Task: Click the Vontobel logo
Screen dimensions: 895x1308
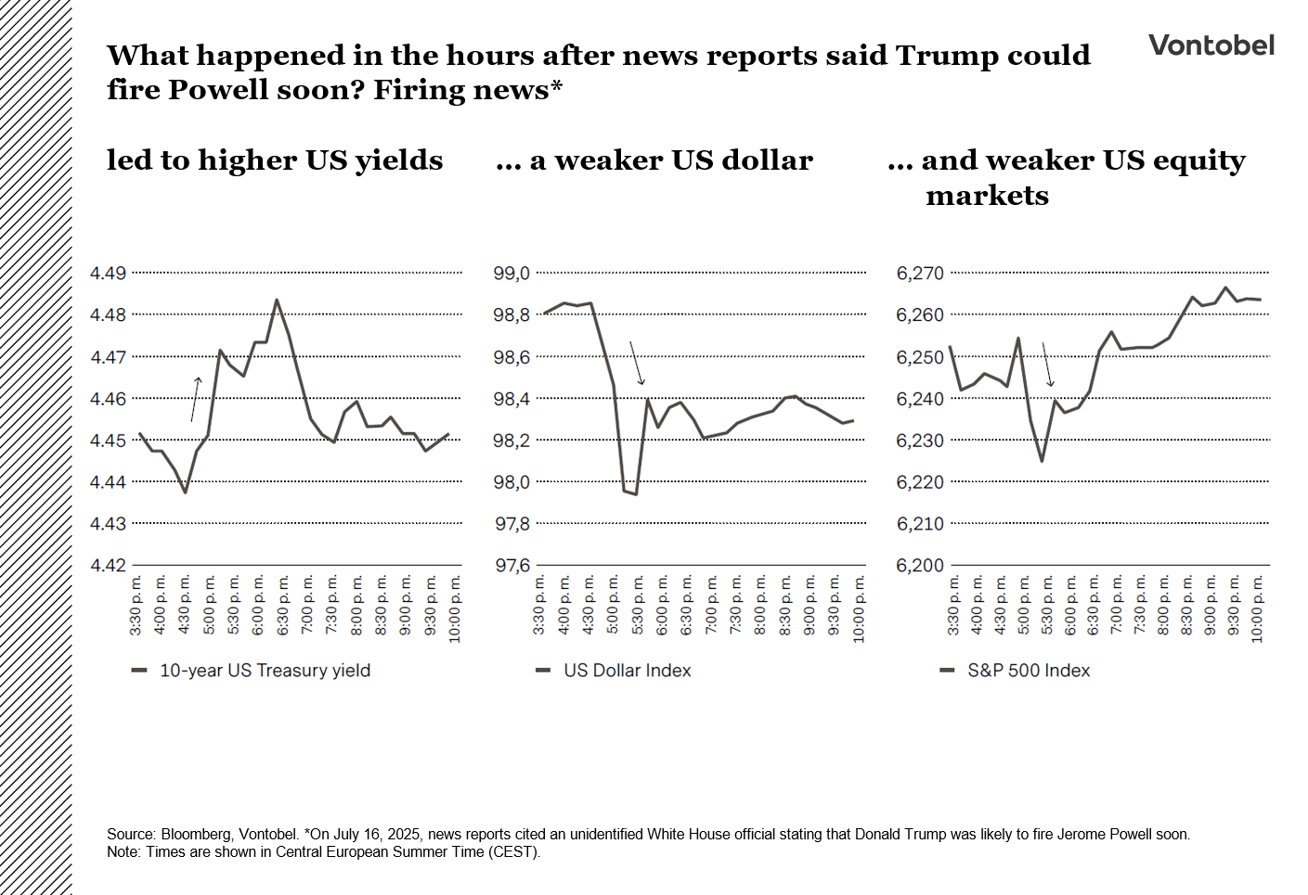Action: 1211,45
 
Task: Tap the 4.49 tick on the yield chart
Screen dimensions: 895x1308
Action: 108,274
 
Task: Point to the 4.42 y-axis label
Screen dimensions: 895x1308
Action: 108,566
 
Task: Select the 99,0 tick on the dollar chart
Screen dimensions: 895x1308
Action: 512,274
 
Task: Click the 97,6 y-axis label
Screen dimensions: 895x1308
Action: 512,566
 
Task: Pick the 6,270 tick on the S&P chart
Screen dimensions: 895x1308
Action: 919,274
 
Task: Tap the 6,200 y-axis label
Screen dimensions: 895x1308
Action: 919,566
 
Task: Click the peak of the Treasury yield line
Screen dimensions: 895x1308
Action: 277,300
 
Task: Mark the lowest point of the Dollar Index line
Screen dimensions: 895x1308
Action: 636,493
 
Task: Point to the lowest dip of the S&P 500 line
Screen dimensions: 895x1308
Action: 1042,461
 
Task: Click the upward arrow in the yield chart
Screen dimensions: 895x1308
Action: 195,399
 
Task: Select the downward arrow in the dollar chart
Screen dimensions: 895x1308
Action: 636,363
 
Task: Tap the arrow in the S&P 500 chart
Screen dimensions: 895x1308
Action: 1047,364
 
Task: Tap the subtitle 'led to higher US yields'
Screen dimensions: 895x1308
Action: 275,160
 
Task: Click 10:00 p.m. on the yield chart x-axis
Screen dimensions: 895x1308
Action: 455,608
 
